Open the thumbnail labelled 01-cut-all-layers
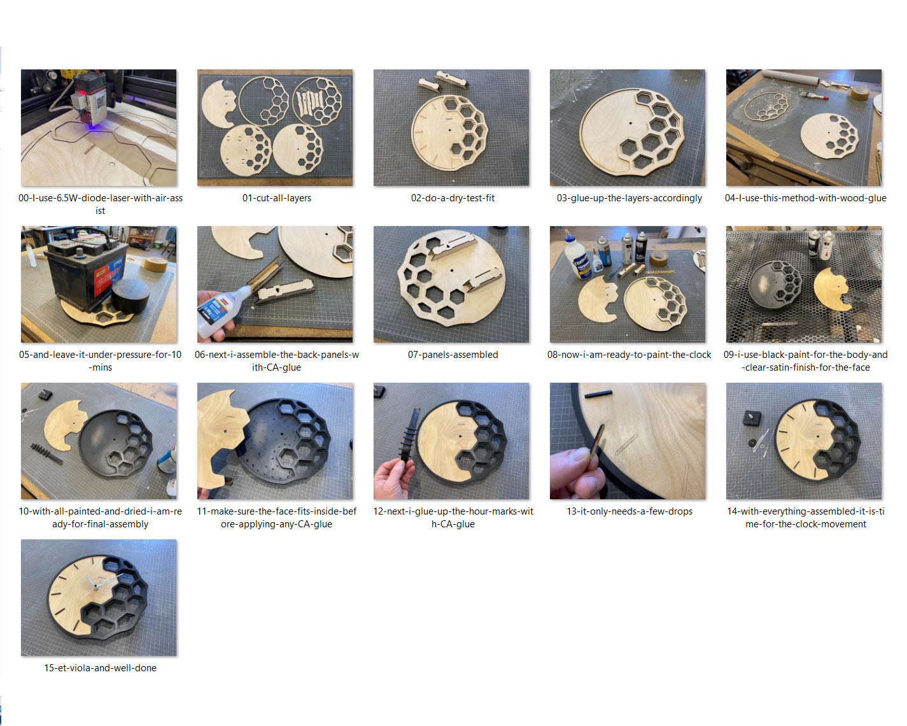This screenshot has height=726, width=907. (275, 127)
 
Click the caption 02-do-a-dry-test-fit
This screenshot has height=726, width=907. (452, 198)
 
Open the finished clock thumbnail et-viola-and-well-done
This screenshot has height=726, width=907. (99, 597)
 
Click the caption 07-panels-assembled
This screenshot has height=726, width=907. (452, 355)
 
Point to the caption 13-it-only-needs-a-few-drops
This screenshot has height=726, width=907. (629, 511)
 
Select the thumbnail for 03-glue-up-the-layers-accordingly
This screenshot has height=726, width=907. (628, 127)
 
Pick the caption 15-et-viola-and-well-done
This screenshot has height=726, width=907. (100, 668)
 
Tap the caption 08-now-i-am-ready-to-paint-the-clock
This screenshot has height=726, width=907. (629, 355)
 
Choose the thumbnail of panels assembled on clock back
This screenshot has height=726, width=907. (451, 284)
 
